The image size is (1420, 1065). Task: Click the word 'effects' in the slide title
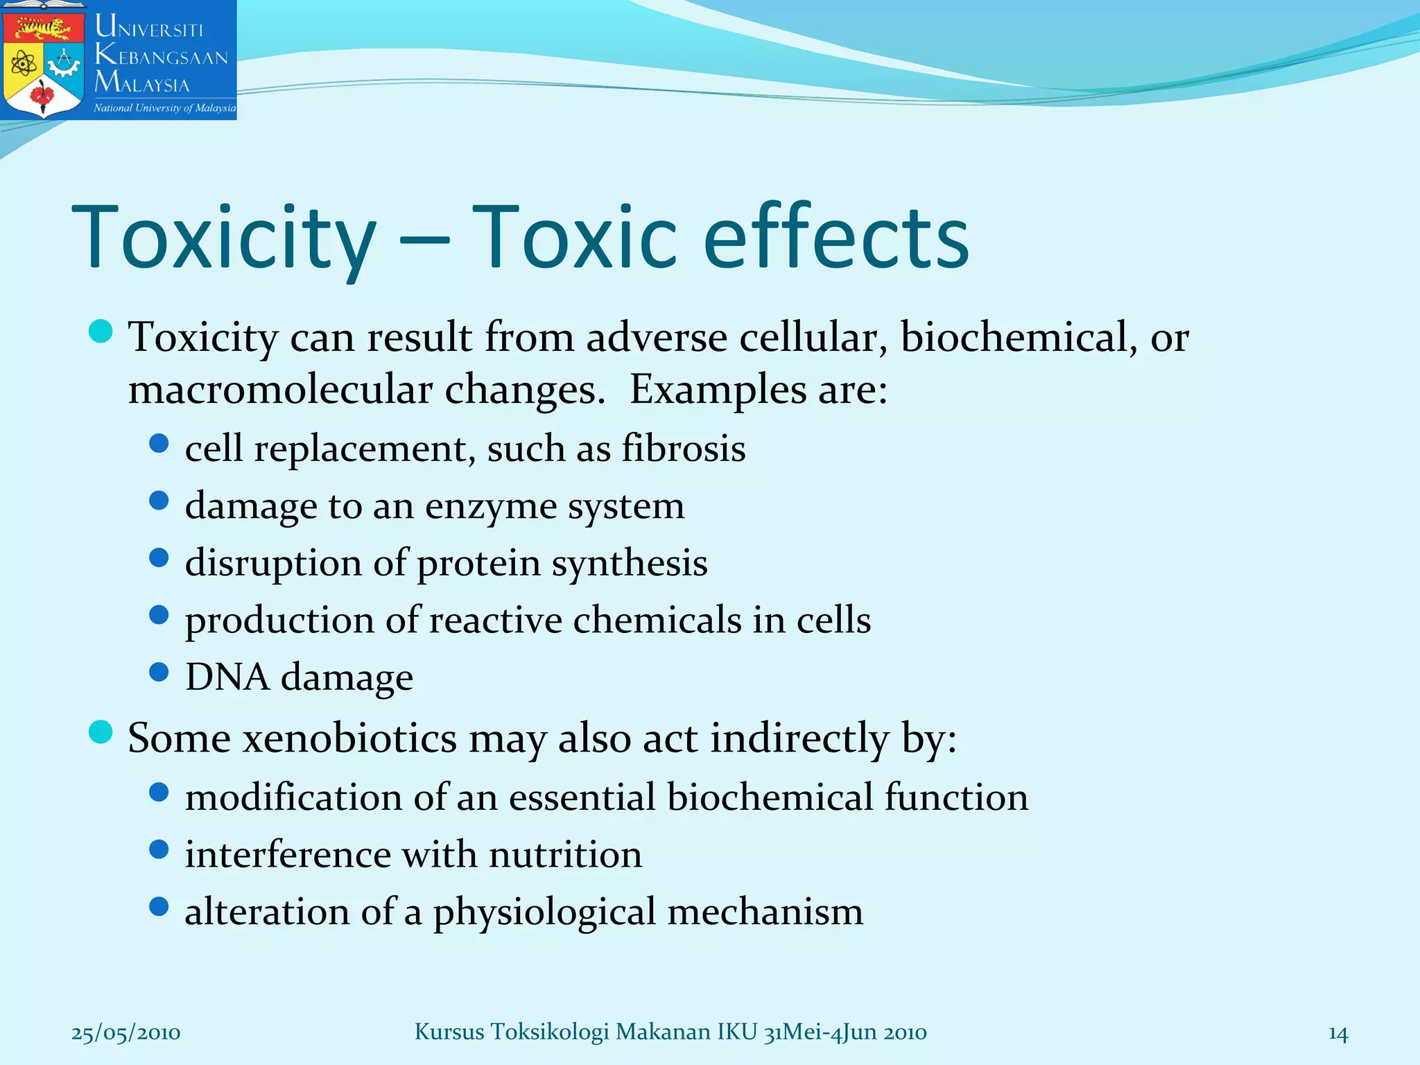(835, 237)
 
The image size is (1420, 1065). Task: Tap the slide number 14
(1337, 1034)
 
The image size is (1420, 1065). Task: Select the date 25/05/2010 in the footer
(125, 1033)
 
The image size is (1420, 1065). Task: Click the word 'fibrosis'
(683, 448)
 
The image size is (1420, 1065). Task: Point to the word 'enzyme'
(491, 506)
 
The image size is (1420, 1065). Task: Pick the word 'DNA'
(227, 677)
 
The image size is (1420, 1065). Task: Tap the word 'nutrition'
(565, 854)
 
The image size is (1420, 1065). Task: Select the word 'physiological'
(544, 912)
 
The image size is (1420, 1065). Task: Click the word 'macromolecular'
(280, 389)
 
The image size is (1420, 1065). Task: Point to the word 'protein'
(478, 563)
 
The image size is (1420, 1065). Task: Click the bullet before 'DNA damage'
(159, 672)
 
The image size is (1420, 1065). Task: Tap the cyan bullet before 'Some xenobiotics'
(101, 731)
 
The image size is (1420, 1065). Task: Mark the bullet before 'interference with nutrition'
(159, 849)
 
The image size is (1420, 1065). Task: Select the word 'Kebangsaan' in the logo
(161, 55)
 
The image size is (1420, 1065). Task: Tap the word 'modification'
(293, 797)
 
